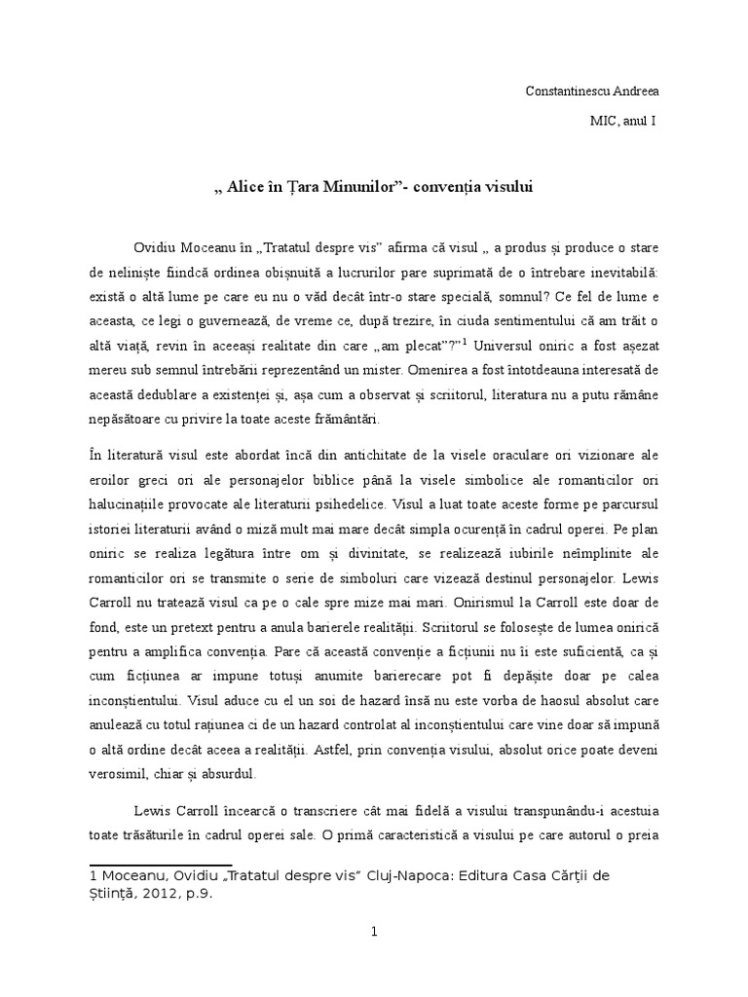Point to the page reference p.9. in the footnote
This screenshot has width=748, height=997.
pyautogui.click(x=197, y=893)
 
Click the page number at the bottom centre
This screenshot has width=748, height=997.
pyautogui.click(x=374, y=932)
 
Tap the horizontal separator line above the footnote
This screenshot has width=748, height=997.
pyautogui.click(x=161, y=863)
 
